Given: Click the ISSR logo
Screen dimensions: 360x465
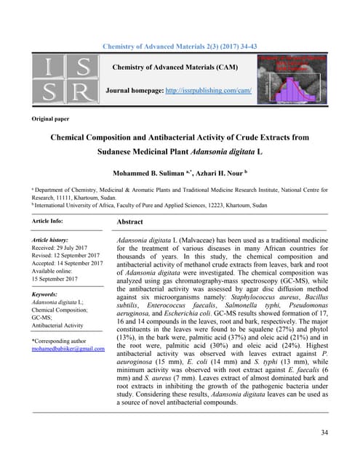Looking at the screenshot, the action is pyautogui.click(x=63, y=79).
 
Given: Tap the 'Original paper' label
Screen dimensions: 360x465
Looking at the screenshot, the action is pyautogui.click(x=52, y=118).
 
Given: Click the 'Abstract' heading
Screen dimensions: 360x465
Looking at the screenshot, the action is pyautogui.click(x=129, y=222).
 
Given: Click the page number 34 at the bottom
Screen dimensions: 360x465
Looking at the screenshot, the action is pyautogui.click(x=323, y=433).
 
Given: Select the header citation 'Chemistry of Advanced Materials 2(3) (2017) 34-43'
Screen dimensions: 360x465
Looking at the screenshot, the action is pyautogui.click(x=180, y=46).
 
